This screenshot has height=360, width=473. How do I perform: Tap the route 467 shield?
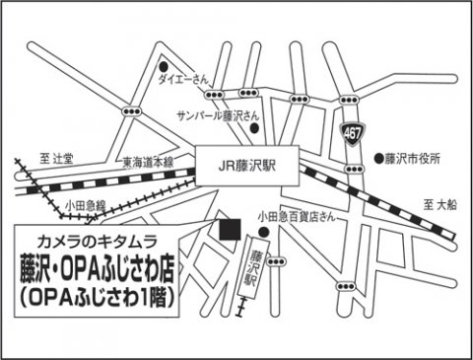coord(352,132)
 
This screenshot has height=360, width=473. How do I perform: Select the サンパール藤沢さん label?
coord(212,115)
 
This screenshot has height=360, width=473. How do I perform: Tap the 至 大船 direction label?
coord(442,205)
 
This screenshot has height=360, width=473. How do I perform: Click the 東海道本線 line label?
coord(148,162)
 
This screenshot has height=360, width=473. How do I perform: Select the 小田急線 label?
coord(86,204)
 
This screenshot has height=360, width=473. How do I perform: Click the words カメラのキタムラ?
coord(102,243)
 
